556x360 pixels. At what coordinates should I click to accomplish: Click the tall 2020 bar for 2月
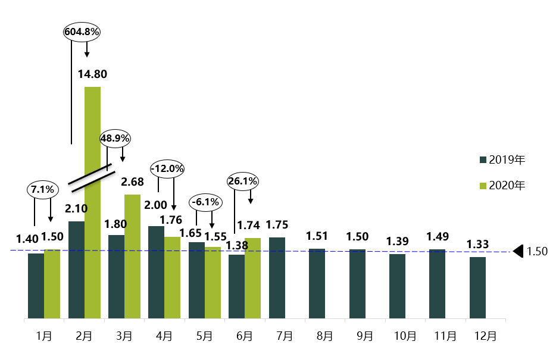pyautogui.click(x=92, y=202)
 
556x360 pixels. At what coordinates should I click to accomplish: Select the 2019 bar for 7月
pyautogui.click(x=277, y=278)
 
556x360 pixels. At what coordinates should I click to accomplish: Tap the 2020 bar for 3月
pyautogui.click(x=132, y=256)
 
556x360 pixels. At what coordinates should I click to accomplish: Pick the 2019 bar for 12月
pyautogui.click(x=477, y=287)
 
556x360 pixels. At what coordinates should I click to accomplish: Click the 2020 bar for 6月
pyautogui.click(x=252, y=278)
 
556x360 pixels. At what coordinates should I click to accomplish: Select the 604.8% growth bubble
pyautogui.click(x=83, y=32)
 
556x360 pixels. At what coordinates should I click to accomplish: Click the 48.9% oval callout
pyautogui.click(x=115, y=138)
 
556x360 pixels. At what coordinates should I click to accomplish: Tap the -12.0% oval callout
pyautogui.click(x=167, y=168)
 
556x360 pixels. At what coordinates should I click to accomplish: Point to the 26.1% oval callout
pyautogui.click(x=242, y=180)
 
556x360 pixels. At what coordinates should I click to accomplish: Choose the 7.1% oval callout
pyautogui.click(x=43, y=190)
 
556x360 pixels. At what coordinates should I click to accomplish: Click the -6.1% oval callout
pyautogui.click(x=205, y=202)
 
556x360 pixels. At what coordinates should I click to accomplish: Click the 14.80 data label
pyautogui.click(x=92, y=74)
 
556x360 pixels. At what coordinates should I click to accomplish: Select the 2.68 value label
pyautogui.click(x=132, y=181)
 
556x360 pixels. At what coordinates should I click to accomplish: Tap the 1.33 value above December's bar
pyautogui.click(x=477, y=244)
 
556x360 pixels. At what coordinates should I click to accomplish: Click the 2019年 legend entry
pyautogui.click(x=502, y=160)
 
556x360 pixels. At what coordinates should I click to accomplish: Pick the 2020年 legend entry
pyautogui.click(x=502, y=186)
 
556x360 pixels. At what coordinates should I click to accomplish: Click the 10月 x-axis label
pyautogui.click(x=405, y=336)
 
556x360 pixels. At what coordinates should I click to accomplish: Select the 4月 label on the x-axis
pyautogui.click(x=164, y=336)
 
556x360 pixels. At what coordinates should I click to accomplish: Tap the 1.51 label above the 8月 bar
pyautogui.click(x=317, y=236)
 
